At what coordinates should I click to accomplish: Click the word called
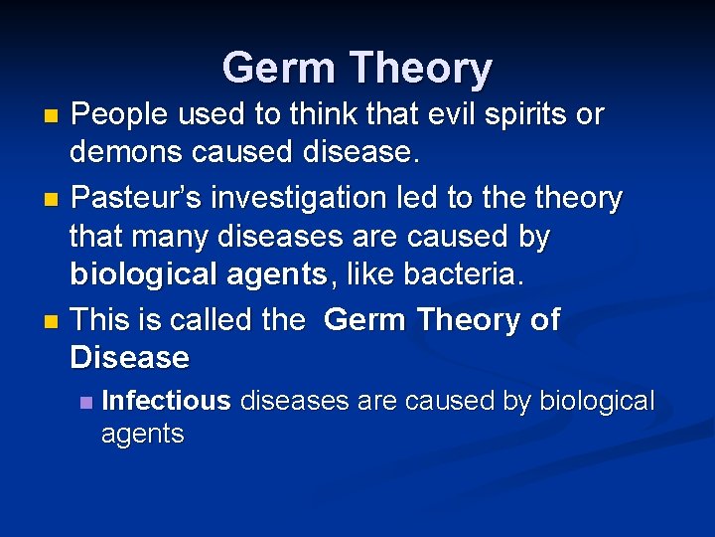(218, 320)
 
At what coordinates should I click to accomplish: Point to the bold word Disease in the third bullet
(129, 358)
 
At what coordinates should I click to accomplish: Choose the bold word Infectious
(166, 402)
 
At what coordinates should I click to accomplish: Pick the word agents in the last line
(142, 435)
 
